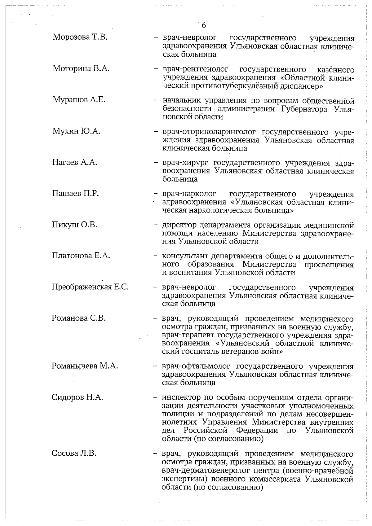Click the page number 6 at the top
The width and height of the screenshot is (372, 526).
(204, 25)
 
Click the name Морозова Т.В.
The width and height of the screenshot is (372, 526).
(80, 37)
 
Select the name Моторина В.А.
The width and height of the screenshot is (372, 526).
(81, 69)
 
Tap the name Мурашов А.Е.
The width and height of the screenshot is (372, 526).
(79, 100)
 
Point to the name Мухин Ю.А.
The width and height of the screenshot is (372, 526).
(76, 131)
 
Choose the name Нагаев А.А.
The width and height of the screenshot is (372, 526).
(75, 162)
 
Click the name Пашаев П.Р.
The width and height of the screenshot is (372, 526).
(75, 194)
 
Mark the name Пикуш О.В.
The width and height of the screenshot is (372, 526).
(75, 225)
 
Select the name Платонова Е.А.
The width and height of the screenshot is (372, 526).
(81, 256)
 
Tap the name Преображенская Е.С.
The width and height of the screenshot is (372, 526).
(90, 287)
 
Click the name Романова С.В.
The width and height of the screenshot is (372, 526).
(79, 318)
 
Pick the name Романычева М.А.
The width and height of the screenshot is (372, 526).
(85, 366)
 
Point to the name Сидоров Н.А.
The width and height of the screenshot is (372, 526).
(77, 397)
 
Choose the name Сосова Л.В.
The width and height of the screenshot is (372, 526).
(74, 454)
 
